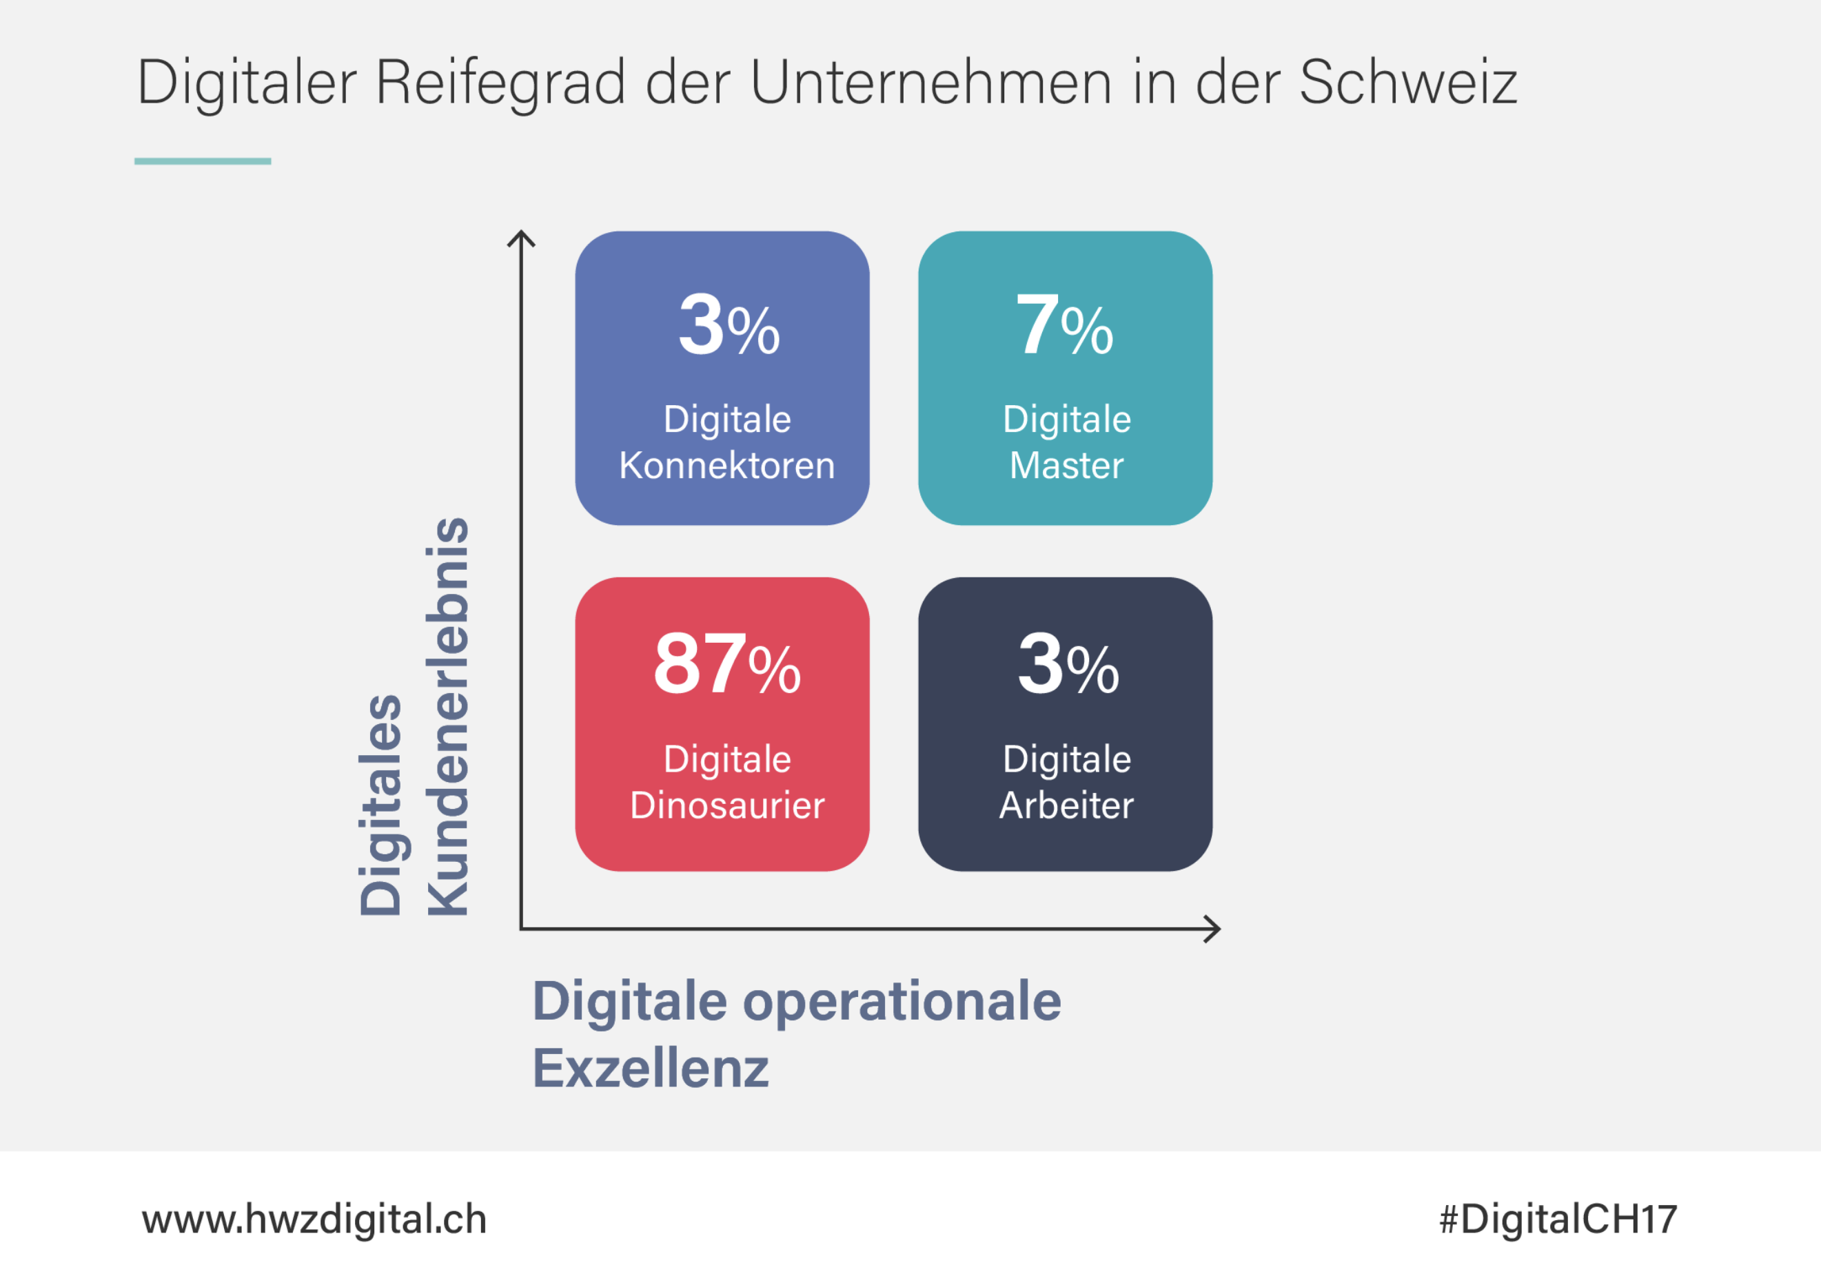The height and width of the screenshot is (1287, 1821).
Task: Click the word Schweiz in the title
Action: click(1407, 83)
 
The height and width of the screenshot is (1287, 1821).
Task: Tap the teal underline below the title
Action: click(202, 161)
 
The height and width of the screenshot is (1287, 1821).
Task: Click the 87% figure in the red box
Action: click(726, 665)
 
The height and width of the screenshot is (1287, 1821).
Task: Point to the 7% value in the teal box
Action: click(1064, 325)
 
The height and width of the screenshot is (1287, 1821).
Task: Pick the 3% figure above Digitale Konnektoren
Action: click(729, 325)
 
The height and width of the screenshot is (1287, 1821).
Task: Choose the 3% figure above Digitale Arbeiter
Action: click(1068, 665)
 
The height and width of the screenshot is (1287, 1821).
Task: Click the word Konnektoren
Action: click(726, 466)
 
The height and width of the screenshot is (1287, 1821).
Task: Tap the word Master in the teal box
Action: click(1066, 466)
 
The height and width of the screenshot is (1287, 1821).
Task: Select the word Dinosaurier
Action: click(726, 805)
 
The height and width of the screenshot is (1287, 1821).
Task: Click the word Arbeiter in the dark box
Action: click(1066, 805)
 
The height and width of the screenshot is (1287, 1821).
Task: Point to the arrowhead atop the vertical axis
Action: click(521, 237)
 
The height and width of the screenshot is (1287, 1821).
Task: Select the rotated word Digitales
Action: click(381, 805)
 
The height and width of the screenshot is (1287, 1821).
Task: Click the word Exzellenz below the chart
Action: click(651, 1068)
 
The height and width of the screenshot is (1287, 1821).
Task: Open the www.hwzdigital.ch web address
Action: click(314, 1219)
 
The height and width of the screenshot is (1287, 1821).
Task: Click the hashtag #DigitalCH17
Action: click(1558, 1219)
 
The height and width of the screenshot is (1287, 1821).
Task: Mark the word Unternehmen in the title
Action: click(930, 83)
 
